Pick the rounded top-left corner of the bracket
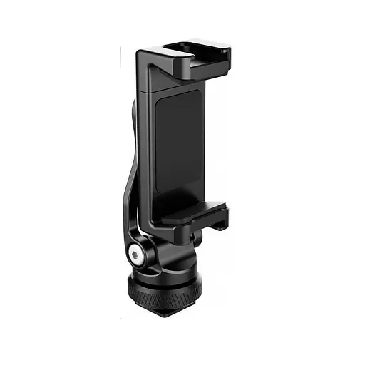coord(141,53)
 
